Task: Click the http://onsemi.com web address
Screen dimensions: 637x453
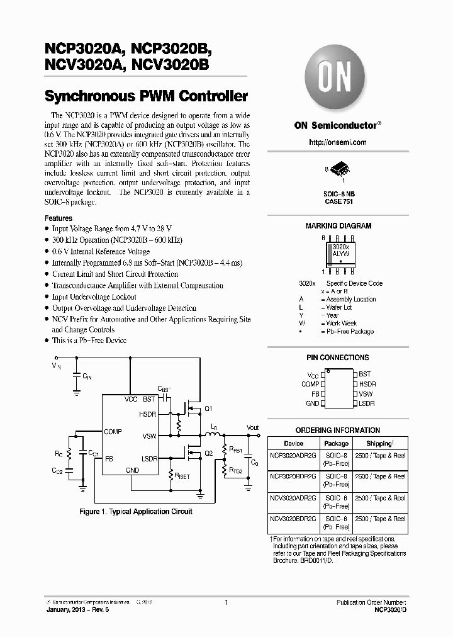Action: click(338, 142)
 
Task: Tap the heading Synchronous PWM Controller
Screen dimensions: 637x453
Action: click(146, 97)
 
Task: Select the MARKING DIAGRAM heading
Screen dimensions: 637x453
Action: click(338, 225)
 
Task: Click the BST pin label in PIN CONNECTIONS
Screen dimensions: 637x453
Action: click(365, 374)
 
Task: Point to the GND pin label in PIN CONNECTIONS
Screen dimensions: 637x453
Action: click(312, 403)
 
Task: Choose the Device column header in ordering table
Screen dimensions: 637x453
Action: click(293, 443)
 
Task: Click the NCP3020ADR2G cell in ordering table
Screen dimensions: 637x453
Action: click(294, 455)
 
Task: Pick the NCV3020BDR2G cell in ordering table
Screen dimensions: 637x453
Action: click(294, 519)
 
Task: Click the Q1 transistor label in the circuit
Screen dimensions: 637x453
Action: click(209, 408)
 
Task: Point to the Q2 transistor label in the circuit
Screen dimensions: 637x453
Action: click(209, 453)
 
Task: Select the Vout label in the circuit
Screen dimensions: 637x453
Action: click(252, 427)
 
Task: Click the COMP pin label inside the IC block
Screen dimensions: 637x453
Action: click(113, 431)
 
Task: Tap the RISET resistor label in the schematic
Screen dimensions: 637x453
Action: click(182, 477)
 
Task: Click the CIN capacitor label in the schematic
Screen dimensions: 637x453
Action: click(87, 376)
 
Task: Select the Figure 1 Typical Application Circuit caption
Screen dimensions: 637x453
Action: click(136, 512)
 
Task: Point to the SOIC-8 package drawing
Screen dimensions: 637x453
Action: click(338, 172)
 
